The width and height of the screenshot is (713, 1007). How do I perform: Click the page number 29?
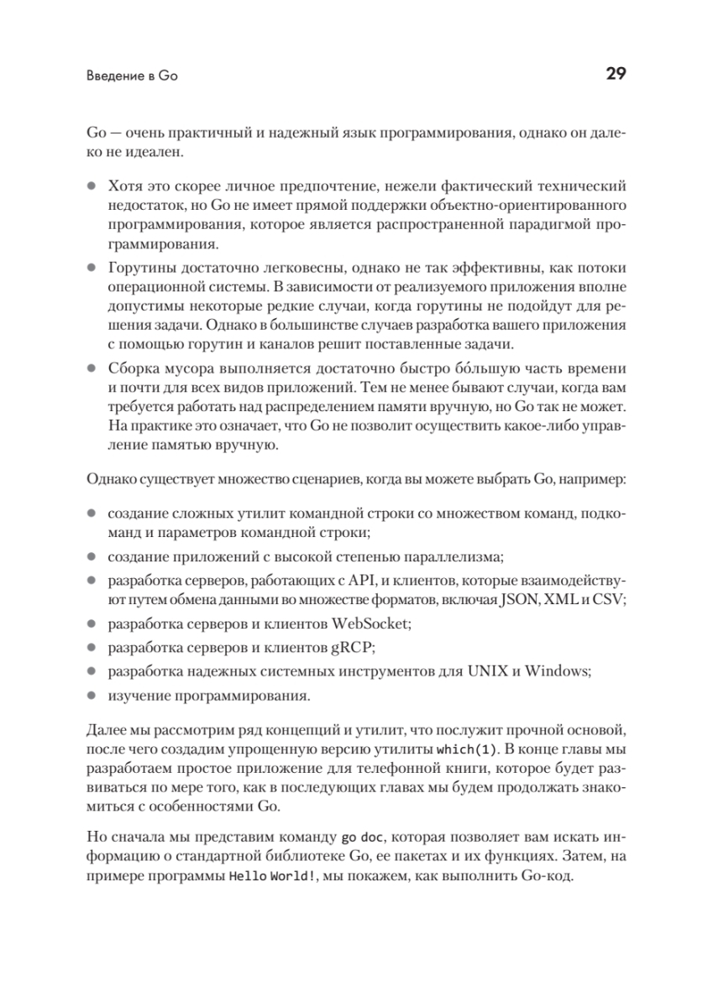[615, 75]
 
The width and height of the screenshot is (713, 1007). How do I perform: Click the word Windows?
[552, 671]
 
